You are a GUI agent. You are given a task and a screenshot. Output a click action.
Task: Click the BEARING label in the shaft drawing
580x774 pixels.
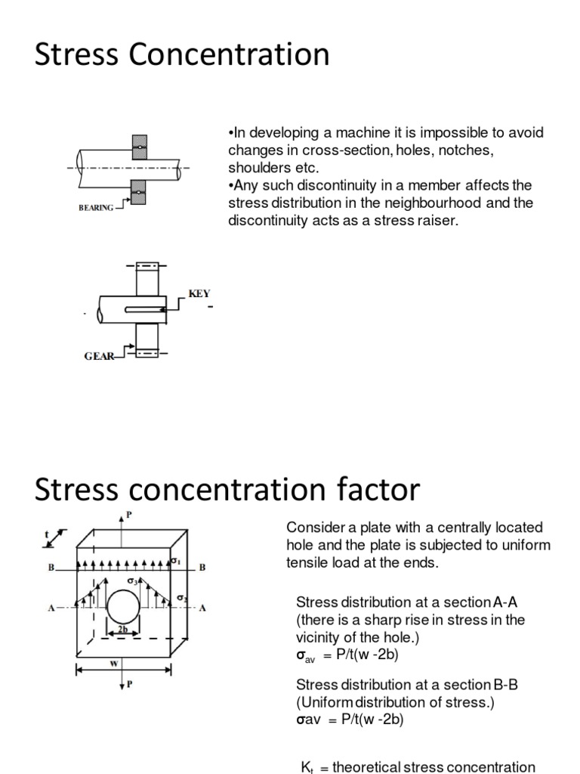(x=96, y=207)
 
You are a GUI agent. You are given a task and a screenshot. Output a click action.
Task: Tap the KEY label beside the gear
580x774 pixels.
(x=199, y=293)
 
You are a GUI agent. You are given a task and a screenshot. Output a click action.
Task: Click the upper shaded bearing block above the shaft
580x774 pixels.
(x=139, y=147)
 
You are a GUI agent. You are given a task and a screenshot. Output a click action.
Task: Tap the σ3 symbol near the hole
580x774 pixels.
(x=131, y=580)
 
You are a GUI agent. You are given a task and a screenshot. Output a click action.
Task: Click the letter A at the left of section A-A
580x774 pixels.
(x=51, y=608)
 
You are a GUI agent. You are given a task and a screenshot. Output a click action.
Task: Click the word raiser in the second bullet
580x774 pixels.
(x=439, y=220)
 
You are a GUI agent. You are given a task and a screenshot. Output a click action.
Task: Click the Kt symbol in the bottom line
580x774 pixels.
(x=307, y=766)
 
